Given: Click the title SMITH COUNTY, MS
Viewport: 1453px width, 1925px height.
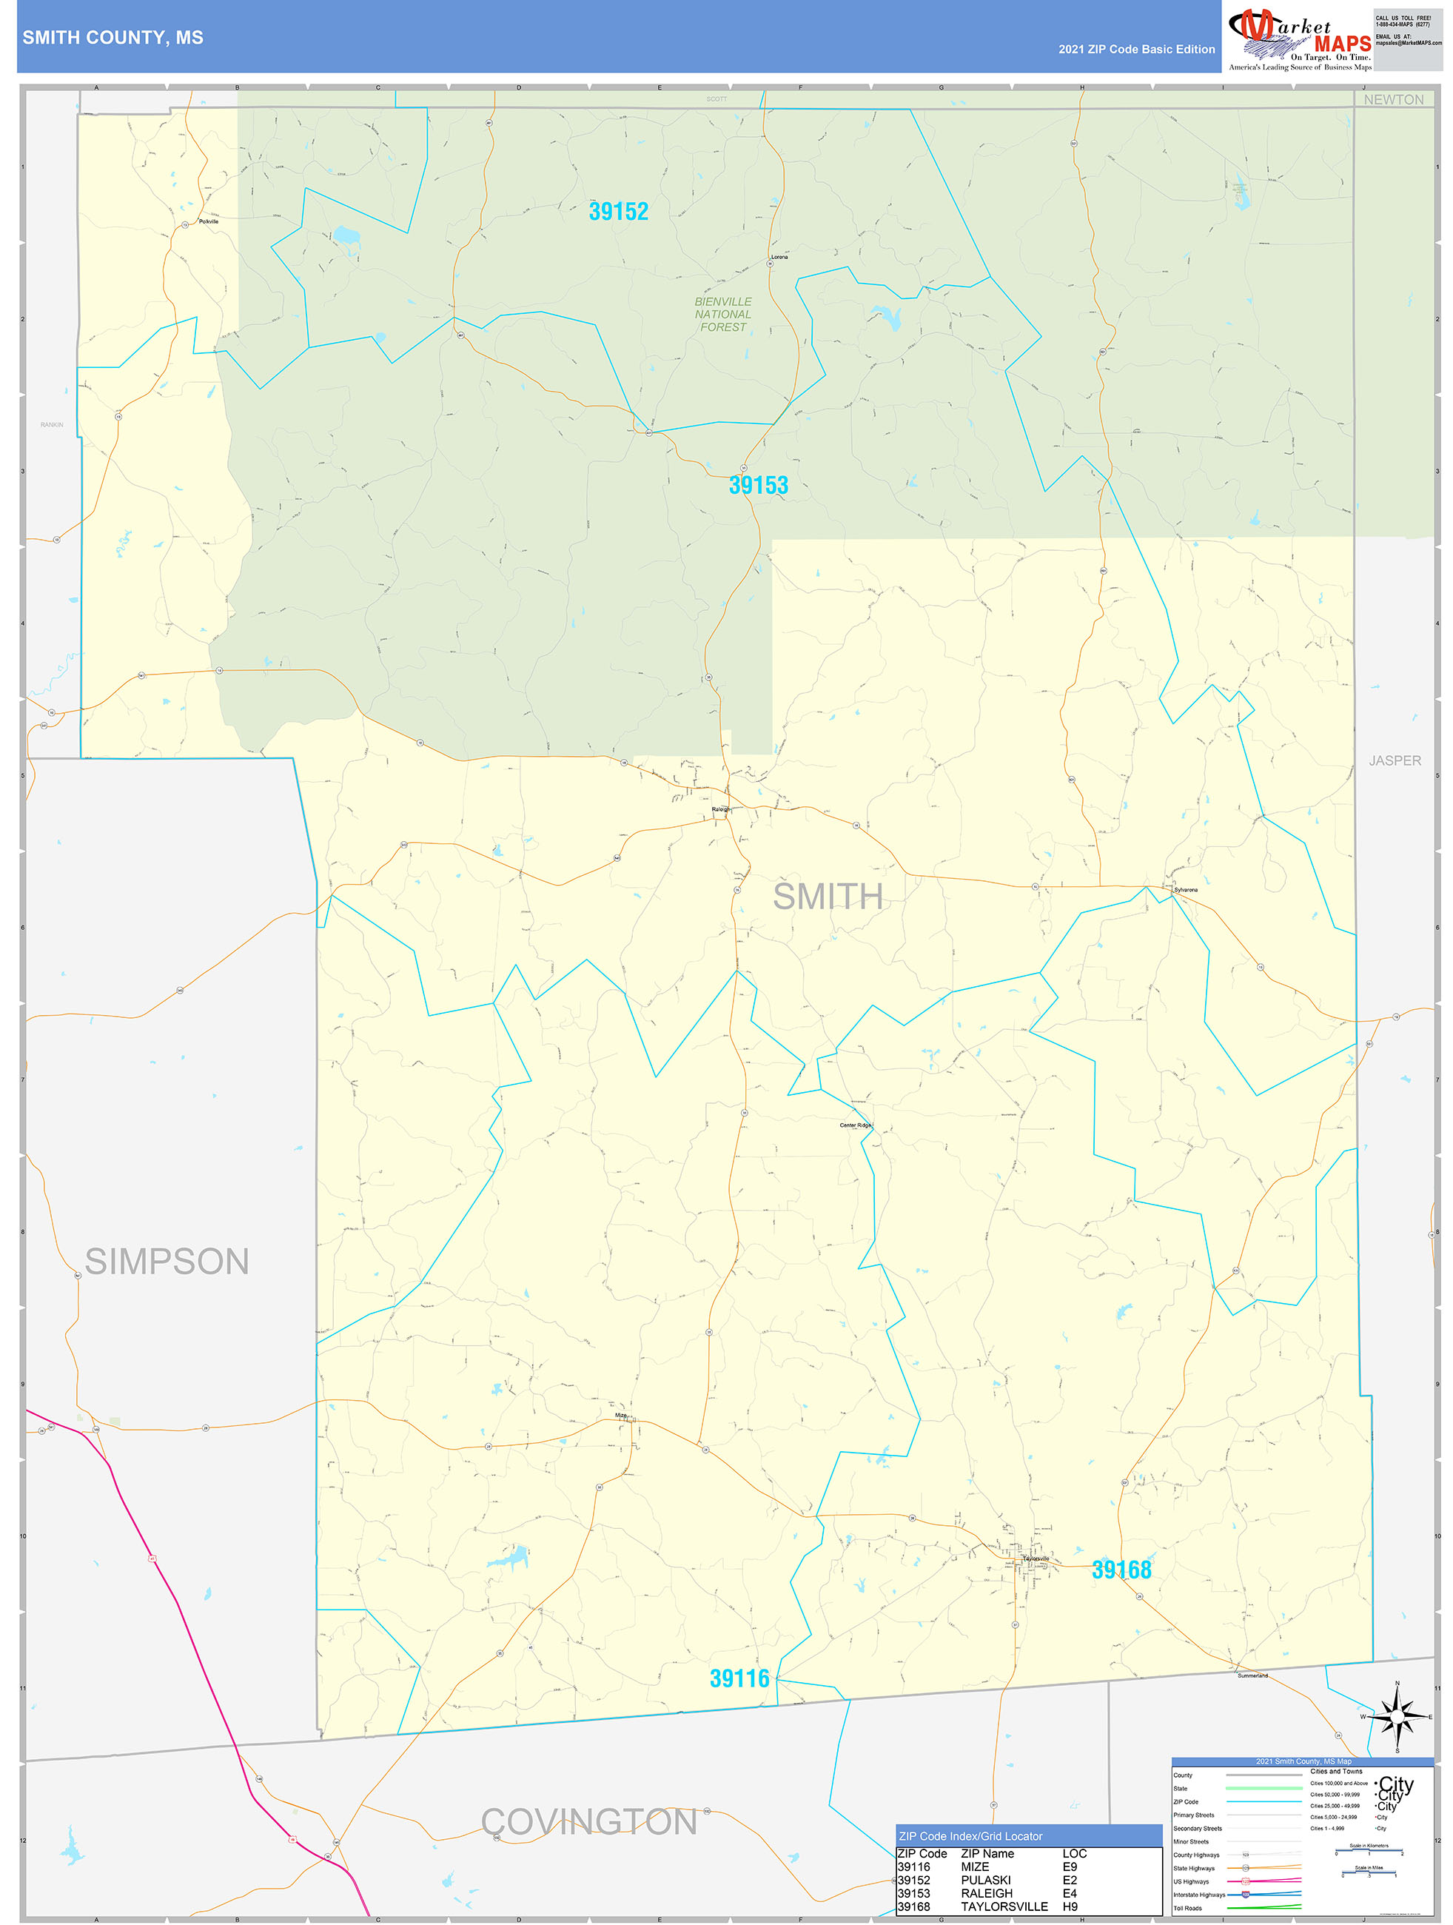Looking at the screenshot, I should [x=113, y=38].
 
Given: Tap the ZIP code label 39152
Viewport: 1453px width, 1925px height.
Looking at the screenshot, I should [x=619, y=212].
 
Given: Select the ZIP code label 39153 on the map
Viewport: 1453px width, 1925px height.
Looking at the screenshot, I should [x=758, y=486].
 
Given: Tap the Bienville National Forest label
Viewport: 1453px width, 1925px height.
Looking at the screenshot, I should [x=723, y=314].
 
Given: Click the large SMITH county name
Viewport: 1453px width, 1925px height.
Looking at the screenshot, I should [x=828, y=897].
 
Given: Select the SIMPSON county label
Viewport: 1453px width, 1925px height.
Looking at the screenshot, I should [x=167, y=1261].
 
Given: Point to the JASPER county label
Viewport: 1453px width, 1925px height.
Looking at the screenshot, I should [x=1395, y=760].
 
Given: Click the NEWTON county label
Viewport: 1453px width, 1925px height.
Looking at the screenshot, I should [x=1393, y=100].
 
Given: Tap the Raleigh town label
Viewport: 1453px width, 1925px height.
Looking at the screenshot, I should [x=721, y=809].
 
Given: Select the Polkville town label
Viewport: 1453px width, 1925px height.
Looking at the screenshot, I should [x=209, y=222].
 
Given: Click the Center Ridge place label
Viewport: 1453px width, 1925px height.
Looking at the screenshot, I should [x=854, y=1125].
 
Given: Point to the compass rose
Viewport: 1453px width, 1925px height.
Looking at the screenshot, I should [x=1397, y=1716].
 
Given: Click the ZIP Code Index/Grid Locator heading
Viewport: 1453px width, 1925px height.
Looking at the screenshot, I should [x=970, y=1836].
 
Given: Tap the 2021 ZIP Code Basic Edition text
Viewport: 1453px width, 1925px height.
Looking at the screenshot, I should [x=1136, y=50].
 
